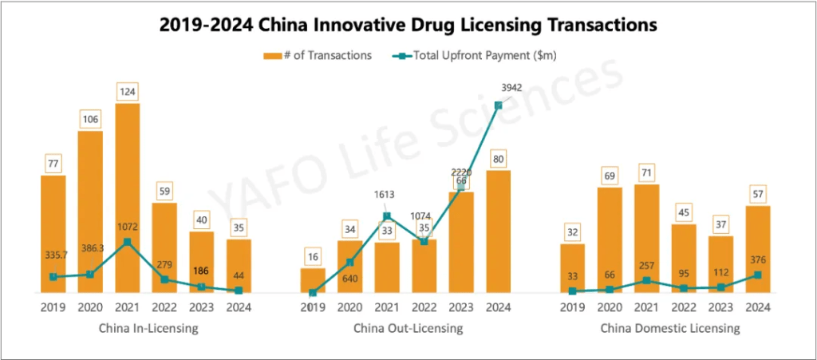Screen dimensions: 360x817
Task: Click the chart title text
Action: pyautogui.click(x=408, y=26)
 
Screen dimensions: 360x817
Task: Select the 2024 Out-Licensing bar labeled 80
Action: pyautogui.click(x=499, y=231)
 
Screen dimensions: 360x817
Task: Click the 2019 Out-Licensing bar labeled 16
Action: pyautogui.click(x=313, y=280)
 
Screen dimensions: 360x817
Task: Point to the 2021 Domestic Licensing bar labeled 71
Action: pyautogui.click(x=647, y=239)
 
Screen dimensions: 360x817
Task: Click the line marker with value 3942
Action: pyautogui.click(x=498, y=105)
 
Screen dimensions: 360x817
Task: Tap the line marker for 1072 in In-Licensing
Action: pyautogui.click(x=128, y=242)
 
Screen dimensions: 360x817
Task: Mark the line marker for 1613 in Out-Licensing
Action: pyautogui.click(x=387, y=216)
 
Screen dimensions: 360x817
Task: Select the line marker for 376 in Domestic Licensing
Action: pyautogui.click(x=758, y=275)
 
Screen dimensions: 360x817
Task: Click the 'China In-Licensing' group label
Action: pyautogui.click(x=148, y=328)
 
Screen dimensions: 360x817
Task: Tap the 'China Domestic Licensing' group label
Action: pyautogui.click(x=665, y=328)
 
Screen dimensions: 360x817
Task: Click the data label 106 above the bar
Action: pyautogui.click(x=90, y=120)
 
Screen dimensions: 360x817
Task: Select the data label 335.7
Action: pyautogui.click(x=55, y=255)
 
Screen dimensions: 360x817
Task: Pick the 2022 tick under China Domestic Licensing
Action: pyautogui.click(x=684, y=307)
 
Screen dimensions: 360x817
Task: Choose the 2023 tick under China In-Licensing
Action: pyautogui.click(x=202, y=307)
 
